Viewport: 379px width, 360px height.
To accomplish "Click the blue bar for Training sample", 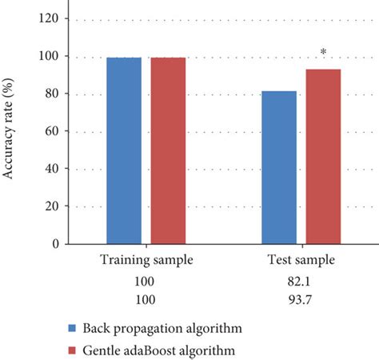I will [x=124, y=150].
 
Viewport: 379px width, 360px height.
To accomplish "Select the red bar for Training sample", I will [x=168, y=150].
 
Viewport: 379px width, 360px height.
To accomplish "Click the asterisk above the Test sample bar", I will [x=323, y=53].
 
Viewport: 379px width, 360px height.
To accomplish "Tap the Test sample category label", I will [x=301, y=262].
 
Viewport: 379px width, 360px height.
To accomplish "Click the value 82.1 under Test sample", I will [x=301, y=282].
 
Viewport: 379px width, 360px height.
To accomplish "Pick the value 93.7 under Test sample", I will [x=301, y=300].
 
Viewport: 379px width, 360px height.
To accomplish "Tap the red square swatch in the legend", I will [x=73, y=350].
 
